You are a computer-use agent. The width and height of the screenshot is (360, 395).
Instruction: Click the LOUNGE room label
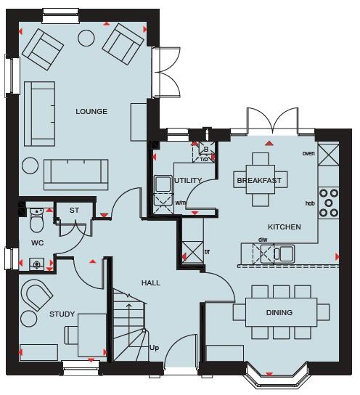pyautogui.click(x=91, y=112)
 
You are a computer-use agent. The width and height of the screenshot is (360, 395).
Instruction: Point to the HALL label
pyautogui.click(x=151, y=283)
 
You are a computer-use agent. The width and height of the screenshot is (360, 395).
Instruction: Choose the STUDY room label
pyautogui.click(x=62, y=314)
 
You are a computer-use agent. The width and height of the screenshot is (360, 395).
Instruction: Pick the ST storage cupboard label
pyautogui.click(x=74, y=211)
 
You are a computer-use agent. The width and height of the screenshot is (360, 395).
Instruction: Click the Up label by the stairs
pyautogui.click(x=154, y=348)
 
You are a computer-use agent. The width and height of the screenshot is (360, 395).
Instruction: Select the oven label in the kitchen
pyautogui.click(x=308, y=154)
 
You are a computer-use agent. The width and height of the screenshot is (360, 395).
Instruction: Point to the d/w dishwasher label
pyautogui.click(x=262, y=240)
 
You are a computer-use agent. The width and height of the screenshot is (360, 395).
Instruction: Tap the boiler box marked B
pyautogui.click(x=205, y=150)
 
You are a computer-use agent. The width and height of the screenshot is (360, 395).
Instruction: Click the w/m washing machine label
pyautogui.click(x=180, y=203)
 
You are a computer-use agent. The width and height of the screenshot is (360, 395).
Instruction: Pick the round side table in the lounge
pyautogui.click(x=30, y=166)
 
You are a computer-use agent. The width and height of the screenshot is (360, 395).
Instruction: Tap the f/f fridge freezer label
pyautogui.click(x=208, y=252)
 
